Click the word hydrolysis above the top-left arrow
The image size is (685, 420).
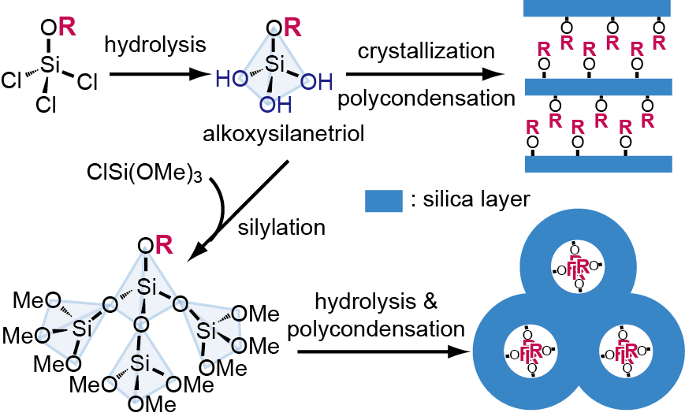click(x=155, y=44)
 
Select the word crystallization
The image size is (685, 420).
click(x=426, y=51)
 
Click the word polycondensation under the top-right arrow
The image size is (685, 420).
click(x=426, y=98)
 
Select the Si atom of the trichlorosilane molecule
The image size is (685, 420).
click(x=50, y=65)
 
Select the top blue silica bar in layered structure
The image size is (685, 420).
click(x=597, y=9)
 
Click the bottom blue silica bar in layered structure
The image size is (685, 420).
click(x=597, y=163)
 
